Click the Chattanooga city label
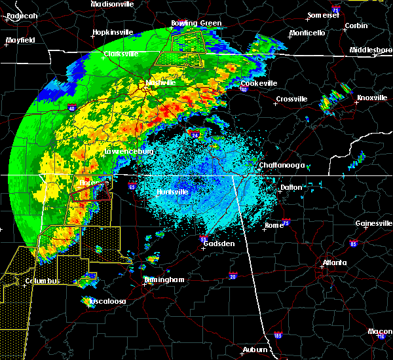tap(282, 166)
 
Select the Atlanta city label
tap(335, 264)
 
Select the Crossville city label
tap(291, 99)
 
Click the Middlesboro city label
tap(370, 50)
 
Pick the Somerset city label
tap(326, 16)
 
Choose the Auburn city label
tap(255, 350)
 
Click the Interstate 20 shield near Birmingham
tap(233, 276)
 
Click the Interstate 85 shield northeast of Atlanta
tap(354, 244)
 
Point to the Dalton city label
tap(291, 187)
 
